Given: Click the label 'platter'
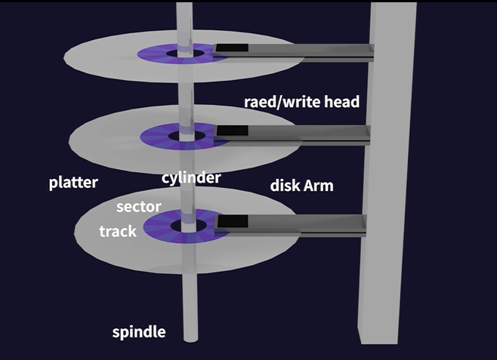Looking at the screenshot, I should click(73, 182).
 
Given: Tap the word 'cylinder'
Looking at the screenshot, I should click(191, 177).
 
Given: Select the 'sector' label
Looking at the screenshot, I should click(137, 205).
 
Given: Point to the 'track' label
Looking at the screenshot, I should click(118, 231).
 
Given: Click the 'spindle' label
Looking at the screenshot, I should click(138, 332).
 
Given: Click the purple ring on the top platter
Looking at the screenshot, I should click(154, 54).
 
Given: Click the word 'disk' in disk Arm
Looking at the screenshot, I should click(286, 186).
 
